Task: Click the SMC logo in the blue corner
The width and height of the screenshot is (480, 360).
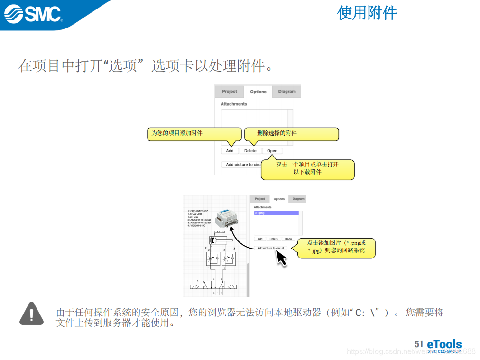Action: click(33, 14)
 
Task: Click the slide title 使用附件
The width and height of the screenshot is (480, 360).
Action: click(367, 13)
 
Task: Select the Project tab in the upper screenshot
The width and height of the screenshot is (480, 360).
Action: click(229, 92)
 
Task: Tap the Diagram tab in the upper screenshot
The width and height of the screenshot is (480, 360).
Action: click(286, 92)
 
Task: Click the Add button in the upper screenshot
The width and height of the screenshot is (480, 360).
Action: click(230, 151)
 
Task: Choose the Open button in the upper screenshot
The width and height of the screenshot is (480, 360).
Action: click(272, 151)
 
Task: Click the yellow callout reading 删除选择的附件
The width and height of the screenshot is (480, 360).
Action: click(291, 134)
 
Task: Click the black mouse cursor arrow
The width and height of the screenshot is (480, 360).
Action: click(281, 258)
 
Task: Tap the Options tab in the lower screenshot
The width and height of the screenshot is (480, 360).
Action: click(279, 199)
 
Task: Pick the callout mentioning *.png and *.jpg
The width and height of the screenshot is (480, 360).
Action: click(336, 247)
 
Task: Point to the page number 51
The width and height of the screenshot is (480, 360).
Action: click(418, 344)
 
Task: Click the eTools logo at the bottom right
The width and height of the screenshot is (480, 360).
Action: click(443, 345)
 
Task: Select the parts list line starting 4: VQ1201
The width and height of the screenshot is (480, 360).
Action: click(200, 226)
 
